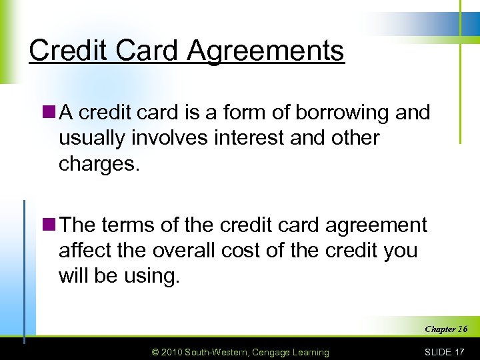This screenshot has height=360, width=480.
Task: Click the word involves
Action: tap(161, 138)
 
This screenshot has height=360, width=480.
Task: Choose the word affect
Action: tap(85, 250)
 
